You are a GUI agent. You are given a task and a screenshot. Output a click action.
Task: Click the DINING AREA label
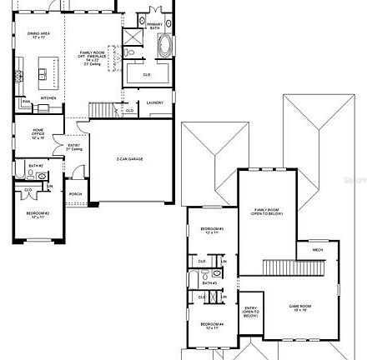click(39, 35)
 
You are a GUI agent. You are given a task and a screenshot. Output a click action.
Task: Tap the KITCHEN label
click(48, 97)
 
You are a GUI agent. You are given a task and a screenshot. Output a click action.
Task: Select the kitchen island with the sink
click(45, 71)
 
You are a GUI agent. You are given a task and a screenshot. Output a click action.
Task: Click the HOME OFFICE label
click(38, 133)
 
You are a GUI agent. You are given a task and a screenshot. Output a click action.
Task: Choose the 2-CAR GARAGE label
click(130, 158)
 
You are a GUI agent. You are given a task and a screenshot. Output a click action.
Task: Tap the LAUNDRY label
click(155, 102)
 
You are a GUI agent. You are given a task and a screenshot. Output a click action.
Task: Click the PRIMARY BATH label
click(155, 26)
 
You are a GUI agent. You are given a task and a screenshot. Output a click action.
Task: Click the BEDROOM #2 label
click(38, 214)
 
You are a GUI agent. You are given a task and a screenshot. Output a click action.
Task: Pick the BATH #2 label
click(36, 166)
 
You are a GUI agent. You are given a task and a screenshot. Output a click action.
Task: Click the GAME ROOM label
click(299, 307)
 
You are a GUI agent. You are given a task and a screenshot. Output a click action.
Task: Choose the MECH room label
click(318, 249)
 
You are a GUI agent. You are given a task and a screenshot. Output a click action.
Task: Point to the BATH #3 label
click(209, 282)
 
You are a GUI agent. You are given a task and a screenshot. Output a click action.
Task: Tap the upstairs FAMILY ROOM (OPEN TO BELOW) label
click(267, 211)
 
